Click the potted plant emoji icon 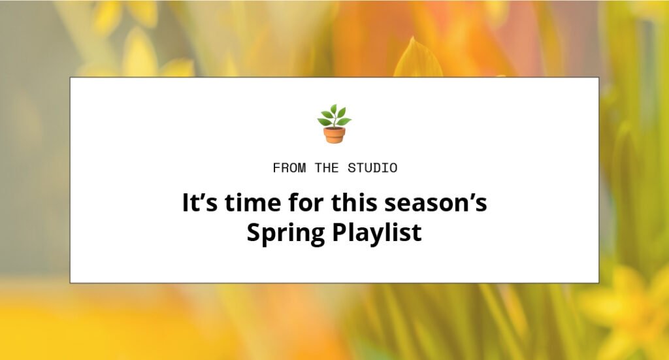pos(334,123)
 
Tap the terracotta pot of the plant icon pos(334,135)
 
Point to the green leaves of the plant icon pos(334,115)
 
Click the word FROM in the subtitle pos(289,168)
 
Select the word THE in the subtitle pos(327,168)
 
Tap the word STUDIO pos(372,168)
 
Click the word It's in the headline pos(200,202)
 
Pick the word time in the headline pos(253,202)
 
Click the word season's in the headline pos(436,202)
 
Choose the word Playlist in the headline pos(377,232)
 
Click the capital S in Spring pos(254,232)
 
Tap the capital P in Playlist pos(340,232)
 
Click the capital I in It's pos(186,202)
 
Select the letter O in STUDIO pos(393,168)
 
